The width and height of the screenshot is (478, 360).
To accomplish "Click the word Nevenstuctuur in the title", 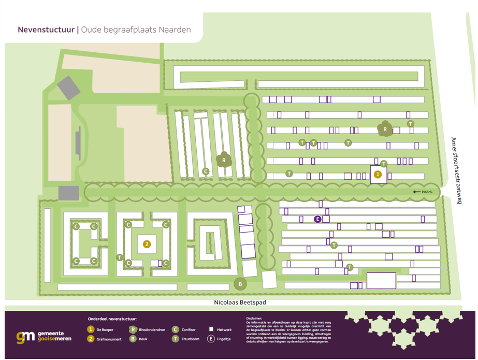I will [x=47, y=30].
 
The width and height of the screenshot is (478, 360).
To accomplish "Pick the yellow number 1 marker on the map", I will [x=378, y=175].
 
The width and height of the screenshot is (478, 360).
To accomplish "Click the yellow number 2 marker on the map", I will [x=147, y=244].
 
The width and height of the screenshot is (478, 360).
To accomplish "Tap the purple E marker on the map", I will [x=318, y=219].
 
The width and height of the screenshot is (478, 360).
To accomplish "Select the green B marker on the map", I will [x=240, y=284].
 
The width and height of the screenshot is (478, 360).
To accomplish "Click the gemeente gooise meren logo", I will [x=44, y=337].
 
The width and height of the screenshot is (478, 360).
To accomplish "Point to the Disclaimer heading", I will [x=255, y=319].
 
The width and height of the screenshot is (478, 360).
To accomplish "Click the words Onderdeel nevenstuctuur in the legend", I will [x=115, y=319].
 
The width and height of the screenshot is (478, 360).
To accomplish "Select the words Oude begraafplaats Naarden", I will [x=136, y=30].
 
